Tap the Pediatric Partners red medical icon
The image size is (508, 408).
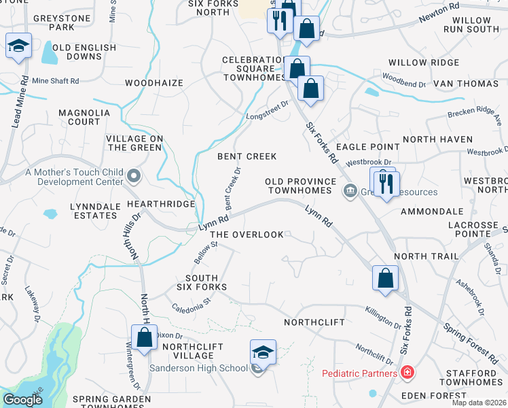[x=407, y=373]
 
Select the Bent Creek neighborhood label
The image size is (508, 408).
[x=247, y=156]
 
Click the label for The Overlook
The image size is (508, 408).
[x=247, y=235]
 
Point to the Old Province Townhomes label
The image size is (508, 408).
[x=300, y=186]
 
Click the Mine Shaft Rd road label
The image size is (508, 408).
[x=56, y=81]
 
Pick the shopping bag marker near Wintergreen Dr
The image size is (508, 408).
[x=145, y=337]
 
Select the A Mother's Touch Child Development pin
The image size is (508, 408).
[x=134, y=177]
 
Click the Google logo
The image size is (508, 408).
[x=22, y=399]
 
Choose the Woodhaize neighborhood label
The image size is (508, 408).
[x=154, y=83]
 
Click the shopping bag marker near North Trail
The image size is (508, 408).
[x=385, y=278]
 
